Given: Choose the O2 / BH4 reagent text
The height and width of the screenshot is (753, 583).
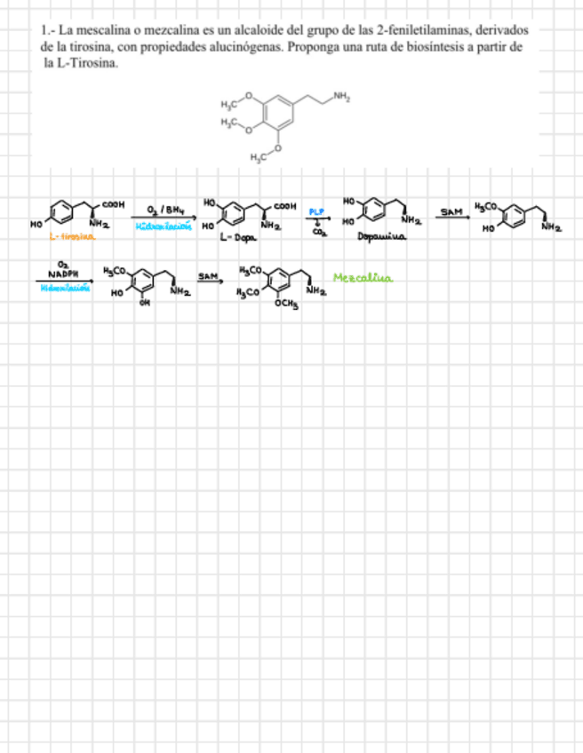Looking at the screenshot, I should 164,210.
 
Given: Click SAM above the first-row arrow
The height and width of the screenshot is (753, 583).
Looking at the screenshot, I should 451,212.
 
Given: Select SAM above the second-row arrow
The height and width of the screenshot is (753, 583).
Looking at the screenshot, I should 208,277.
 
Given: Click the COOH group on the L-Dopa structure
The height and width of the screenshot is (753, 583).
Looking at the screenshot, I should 284,206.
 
